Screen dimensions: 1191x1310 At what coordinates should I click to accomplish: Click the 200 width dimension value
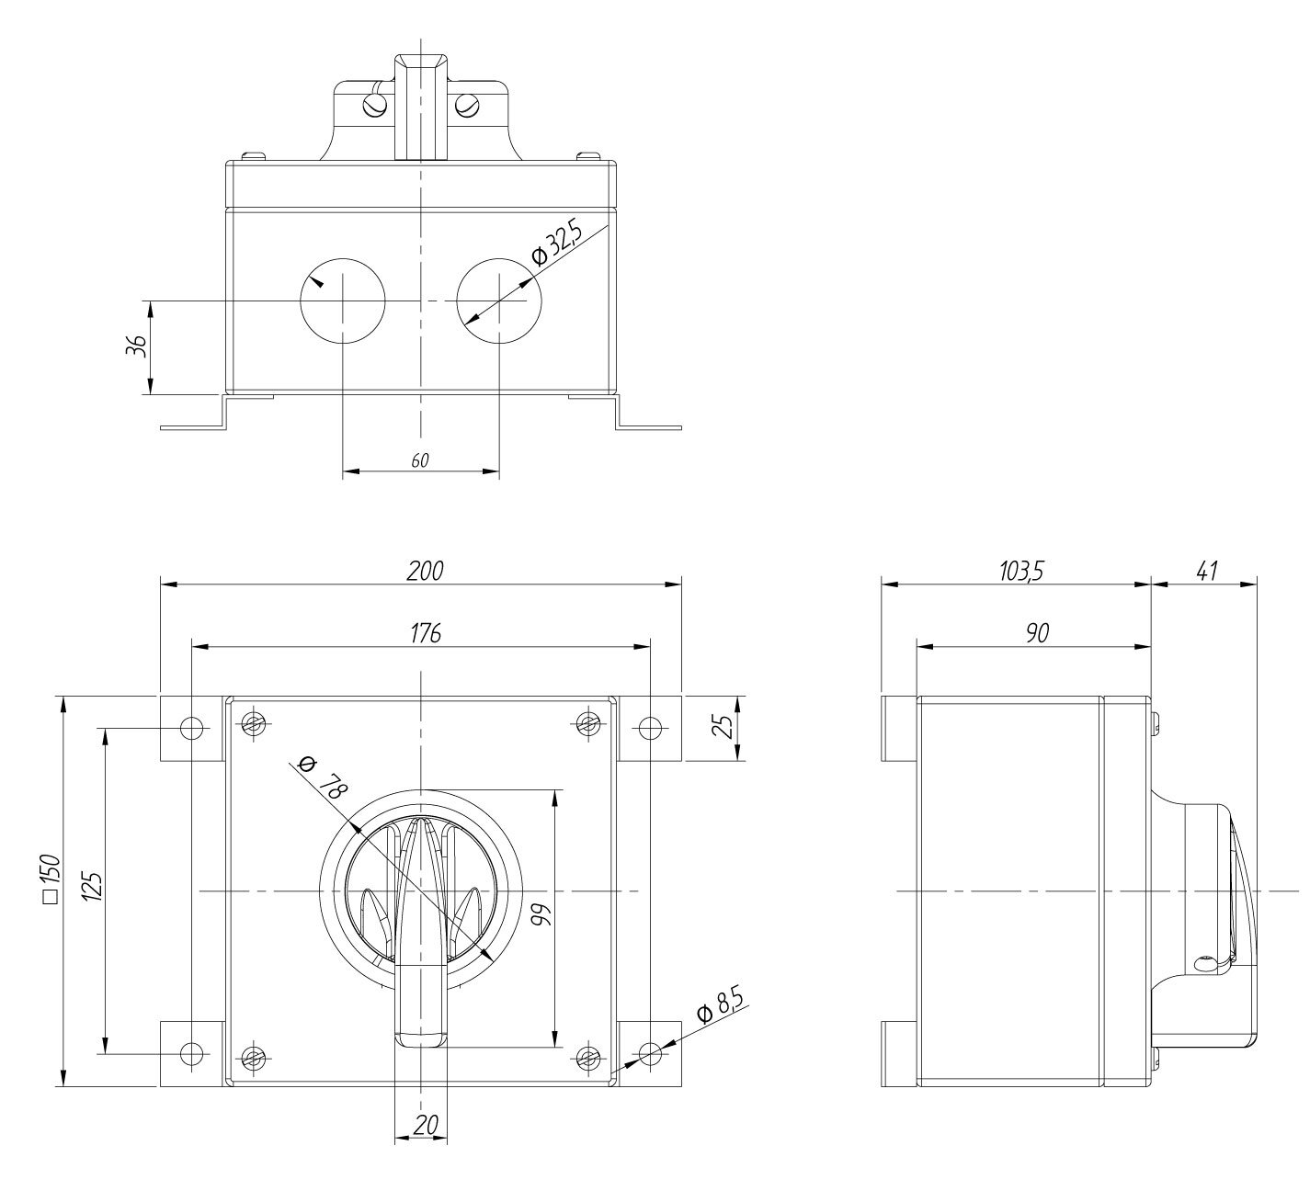click(x=425, y=571)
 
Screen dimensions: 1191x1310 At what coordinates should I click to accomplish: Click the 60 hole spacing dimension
click(x=419, y=460)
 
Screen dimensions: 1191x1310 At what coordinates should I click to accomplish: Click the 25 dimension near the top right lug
click(x=724, y=728)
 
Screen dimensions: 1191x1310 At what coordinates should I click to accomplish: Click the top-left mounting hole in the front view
click(x=191, y=728)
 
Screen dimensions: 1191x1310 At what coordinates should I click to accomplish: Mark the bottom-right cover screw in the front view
click(x=588, y=1058)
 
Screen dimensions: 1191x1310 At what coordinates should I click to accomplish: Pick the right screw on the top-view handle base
click(x=469, y=107)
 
